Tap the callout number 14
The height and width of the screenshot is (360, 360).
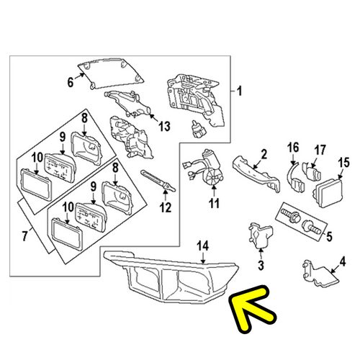click(x=203, y=246)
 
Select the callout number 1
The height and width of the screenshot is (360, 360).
click(x=239, y=91)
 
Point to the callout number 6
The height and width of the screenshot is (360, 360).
click(x=70, y=82)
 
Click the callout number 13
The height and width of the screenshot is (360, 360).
click(x=164, y=126)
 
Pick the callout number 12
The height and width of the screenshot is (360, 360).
click(x=166, y=207)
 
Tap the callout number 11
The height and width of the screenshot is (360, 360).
click(x=214, y=203)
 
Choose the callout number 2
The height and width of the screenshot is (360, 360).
click(x=264, y=154)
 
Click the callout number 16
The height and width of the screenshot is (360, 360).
click(x=293, y=148)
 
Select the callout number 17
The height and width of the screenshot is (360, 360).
click(x=320, y=150)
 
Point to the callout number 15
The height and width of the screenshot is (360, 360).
click(x=343, y=163)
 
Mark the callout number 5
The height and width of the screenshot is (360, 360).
click(x=329, y=236)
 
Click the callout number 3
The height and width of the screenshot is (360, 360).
click(x=261, y=265)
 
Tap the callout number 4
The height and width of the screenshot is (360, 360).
click(x=343, y=261)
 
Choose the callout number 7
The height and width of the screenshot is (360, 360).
click(x=24, y=235)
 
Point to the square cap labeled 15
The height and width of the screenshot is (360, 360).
click(x=328, y=193)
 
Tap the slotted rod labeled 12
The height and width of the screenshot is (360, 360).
click(x=158, y=181)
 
